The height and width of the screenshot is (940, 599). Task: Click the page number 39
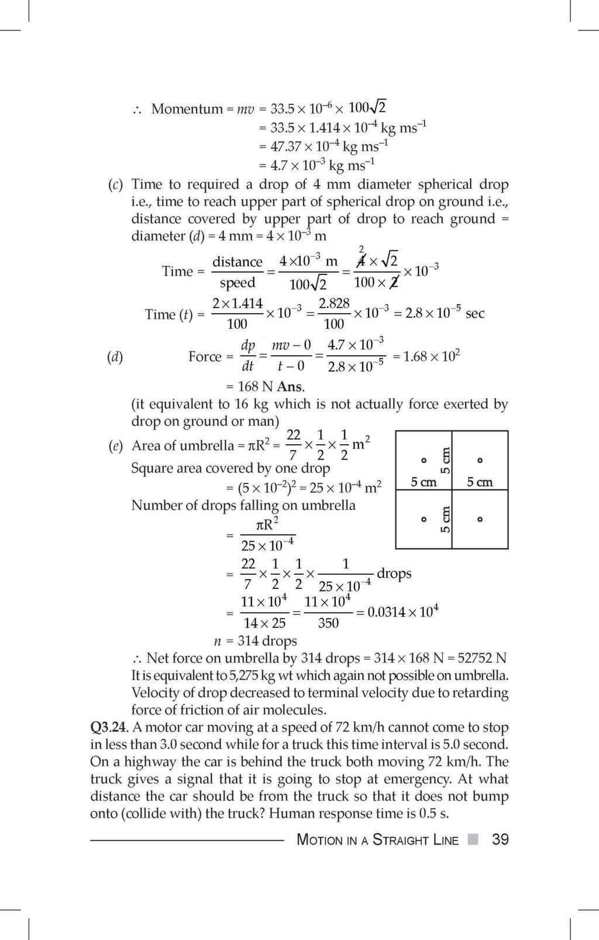click(x=500, y=839)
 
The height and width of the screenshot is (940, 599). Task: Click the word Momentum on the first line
click(x=187, y=109)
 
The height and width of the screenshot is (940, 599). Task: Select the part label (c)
click(x=115, y=185)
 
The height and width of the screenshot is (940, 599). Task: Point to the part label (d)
click(x=115, y=356)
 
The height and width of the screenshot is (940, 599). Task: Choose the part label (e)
click(x=115, y=446)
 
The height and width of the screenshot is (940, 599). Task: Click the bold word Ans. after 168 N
click(x=291, y=387)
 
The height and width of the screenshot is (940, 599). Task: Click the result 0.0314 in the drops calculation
click(x=386, y=613)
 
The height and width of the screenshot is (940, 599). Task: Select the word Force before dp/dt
click(x=205, y=356)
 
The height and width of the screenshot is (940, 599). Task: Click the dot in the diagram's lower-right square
click(x=480, y=519)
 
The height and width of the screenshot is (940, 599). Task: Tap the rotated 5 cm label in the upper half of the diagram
click(x=446, y=461)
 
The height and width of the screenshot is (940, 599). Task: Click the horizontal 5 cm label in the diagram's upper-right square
click(x=480, y=482)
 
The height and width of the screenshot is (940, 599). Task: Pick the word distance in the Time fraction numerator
click(x=237, y=262)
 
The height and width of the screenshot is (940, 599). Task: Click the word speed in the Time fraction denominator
click(x=237, y=283)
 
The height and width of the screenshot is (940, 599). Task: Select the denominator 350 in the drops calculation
click(x=328, y=623)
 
